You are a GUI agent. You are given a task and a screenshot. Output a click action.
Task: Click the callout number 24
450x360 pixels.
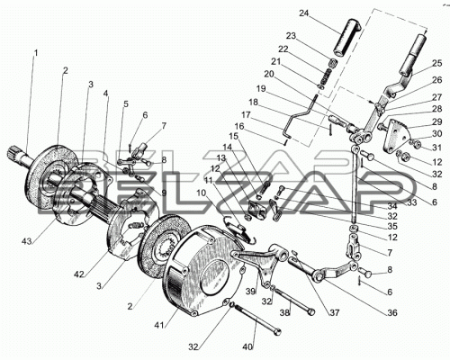tap(303, 13)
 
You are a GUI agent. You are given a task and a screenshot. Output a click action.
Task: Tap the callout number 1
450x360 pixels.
tap(36, 53)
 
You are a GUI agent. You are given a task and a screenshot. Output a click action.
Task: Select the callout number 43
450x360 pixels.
tap(27, 240)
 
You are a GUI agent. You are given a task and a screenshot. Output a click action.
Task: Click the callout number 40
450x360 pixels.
tap(247, 346)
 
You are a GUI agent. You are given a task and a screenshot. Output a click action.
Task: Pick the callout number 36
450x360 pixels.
tap(391, 313)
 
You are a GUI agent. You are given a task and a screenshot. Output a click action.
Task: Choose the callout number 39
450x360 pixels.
tap(251, 291)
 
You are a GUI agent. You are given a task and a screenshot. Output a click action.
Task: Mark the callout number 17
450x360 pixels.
tap(246, 115)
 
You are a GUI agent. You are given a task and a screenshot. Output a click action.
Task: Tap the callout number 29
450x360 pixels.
tap(437, 121)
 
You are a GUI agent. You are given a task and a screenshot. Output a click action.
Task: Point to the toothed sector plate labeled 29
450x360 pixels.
tap(397, 135)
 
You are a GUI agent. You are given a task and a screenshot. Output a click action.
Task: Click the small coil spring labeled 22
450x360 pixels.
tap(325, 77)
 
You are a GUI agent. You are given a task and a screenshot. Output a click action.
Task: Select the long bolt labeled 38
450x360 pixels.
tap(294, 301)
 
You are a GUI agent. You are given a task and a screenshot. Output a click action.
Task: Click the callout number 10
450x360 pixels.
tap(201, 193)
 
